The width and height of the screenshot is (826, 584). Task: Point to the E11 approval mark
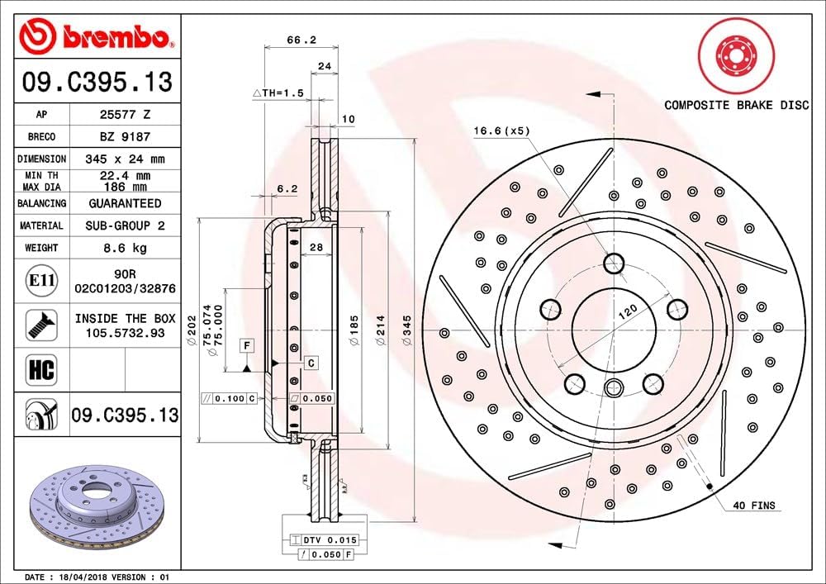coord(41,281)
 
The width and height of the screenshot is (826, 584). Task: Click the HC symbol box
coord(41,369)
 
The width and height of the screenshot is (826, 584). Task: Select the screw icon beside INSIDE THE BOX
coord(40,324)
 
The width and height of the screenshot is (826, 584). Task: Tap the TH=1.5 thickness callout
coord(278,93)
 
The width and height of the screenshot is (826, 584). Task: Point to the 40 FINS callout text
coord(753,506)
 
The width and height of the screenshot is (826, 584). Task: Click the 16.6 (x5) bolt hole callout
coord(501,131)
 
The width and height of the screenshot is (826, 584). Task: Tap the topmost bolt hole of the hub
coord(614,264)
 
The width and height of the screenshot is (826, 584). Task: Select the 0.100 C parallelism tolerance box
coord(230,398)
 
